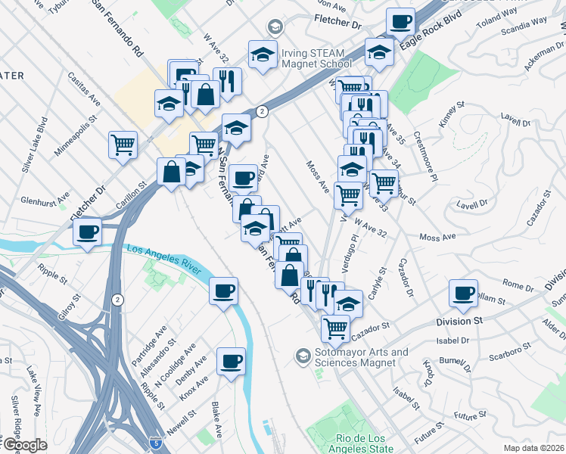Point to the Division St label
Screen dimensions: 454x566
(x=459, y=321)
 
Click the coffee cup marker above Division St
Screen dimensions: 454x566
(x=463, y=293)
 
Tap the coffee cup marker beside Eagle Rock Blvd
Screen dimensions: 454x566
(x=400, y=21)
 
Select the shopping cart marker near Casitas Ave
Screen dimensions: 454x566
(x=123, y=144)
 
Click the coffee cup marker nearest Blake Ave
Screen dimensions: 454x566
(x=231, y=361)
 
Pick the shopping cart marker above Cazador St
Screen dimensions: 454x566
(x=334, y=328)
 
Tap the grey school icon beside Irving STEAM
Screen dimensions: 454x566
(x=274, y=28)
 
